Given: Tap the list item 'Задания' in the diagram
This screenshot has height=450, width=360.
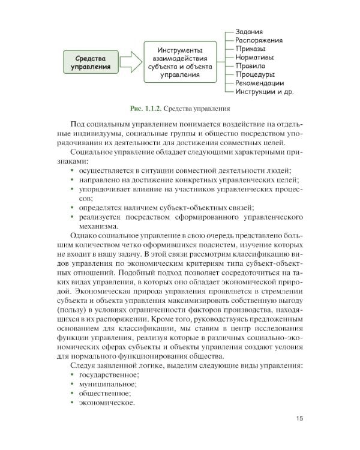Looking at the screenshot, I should click(251, 31).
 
